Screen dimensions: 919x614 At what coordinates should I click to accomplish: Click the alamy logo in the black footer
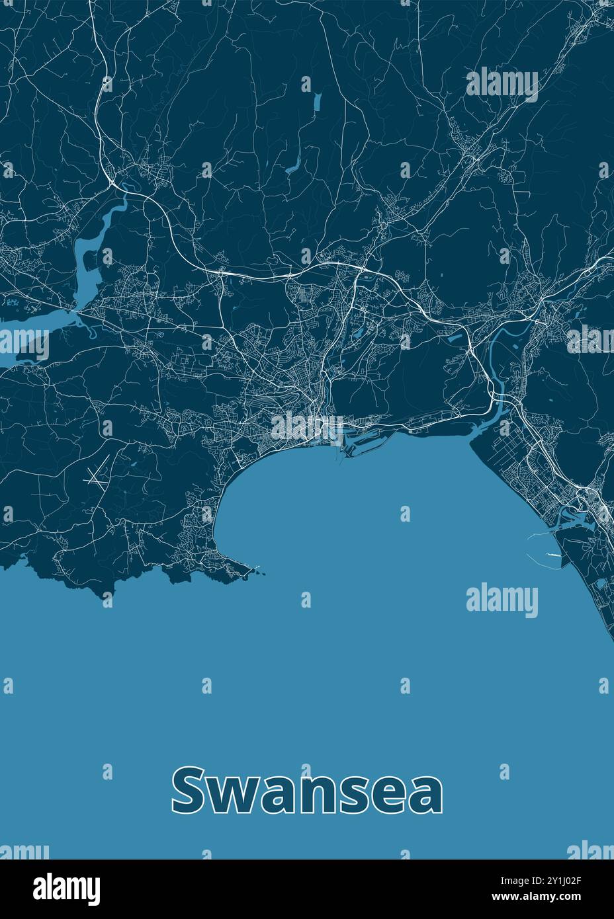[67, 889]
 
